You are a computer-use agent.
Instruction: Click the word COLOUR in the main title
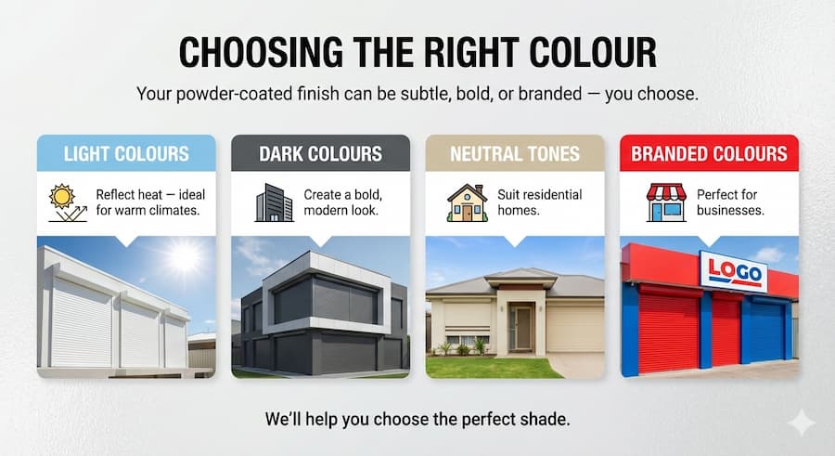580,53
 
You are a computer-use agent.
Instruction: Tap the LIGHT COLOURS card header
126,153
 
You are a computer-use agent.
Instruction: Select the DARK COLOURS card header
320,153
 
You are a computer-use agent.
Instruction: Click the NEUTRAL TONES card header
515,153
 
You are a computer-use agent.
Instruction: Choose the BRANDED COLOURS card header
709,153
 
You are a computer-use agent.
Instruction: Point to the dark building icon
273,202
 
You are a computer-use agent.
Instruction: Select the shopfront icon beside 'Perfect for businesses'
665,202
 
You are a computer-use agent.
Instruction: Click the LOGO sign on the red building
733,271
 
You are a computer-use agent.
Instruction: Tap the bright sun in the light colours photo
185,257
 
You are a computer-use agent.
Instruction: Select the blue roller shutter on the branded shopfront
766,331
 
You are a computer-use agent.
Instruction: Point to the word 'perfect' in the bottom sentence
466,418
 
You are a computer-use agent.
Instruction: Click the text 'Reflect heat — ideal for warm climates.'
150,202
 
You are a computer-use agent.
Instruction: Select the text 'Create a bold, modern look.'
344,202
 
